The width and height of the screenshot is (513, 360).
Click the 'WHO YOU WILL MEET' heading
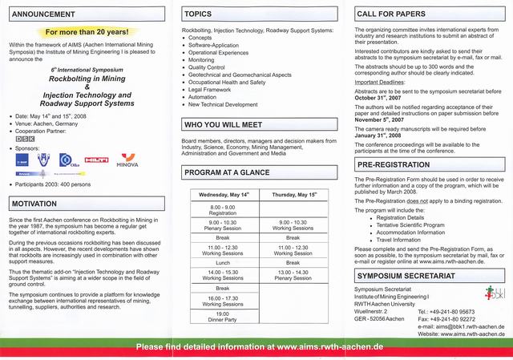click(x=224, y=125)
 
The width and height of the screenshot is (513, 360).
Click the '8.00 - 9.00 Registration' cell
click(x=222, y=210)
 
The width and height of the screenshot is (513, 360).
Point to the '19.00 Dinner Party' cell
click(x=223, y=317)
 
